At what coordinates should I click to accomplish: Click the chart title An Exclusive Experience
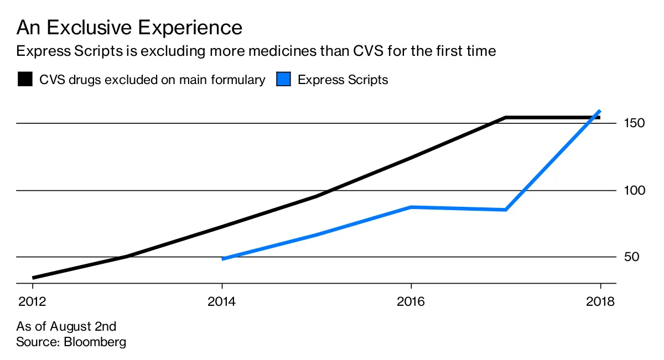tap(129, 28)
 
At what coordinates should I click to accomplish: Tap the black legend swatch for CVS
tap(25, 80)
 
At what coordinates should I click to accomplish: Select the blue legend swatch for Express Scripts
tap(283, 80)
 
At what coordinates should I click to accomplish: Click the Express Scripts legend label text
tap(343, 80)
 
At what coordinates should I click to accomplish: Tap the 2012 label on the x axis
tap(33, 302)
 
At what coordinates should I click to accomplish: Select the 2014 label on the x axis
tap(222, 302)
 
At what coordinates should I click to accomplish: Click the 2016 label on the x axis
tap(411, 302)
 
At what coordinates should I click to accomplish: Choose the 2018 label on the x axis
tap(600, 302)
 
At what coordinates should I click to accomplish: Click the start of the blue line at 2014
tap(222, 258)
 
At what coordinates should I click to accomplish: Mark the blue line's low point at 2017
tap(506, 210)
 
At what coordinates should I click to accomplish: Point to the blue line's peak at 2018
tap(600, 111)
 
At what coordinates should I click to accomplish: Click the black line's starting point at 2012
tap(33, 278)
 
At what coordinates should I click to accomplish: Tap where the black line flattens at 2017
tap(506, 118)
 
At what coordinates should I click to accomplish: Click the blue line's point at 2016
tap(411, 207)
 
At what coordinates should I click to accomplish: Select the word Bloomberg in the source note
tap(95, 342)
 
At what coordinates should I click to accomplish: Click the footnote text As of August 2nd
tap(66, 326)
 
